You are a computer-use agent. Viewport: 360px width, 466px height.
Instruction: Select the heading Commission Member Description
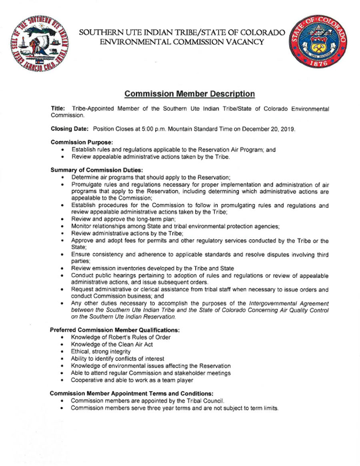(x=190, y=94)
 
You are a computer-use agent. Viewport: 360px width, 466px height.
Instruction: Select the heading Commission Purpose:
(x=82, y=142)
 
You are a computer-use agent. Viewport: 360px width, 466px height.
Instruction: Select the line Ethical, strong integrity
(x=100, y=352)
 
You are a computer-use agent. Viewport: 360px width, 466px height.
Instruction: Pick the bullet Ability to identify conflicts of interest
(x=117, y=359)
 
